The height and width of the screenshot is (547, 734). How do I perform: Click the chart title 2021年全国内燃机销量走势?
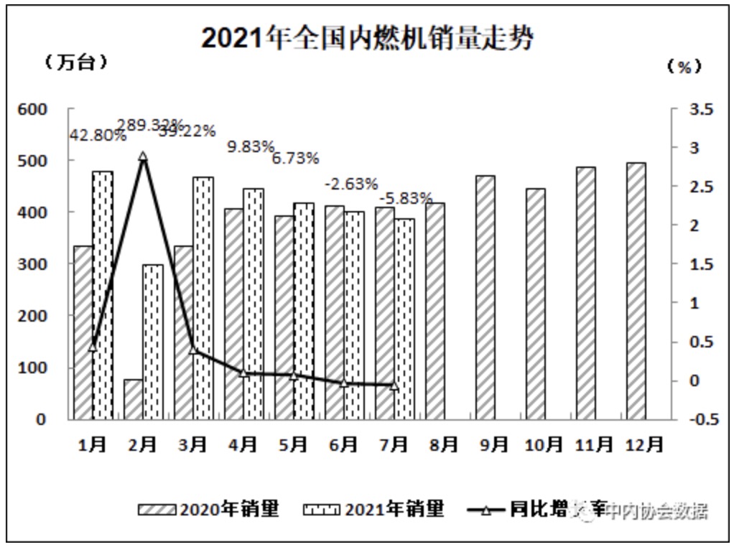point(367,38)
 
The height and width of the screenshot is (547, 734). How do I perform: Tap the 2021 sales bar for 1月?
point(103,295)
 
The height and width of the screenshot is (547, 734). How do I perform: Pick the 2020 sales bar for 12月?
point(636,291)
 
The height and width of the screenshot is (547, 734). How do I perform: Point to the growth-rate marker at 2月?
point(143,156)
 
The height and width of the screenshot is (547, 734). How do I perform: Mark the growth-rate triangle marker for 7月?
point(394,385)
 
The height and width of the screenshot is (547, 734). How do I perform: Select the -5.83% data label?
point(407,197)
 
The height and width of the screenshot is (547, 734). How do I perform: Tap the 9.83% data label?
point(251,146)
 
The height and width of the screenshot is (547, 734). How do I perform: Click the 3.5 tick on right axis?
point(701,109)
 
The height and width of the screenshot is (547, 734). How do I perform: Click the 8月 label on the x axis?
point(440,444)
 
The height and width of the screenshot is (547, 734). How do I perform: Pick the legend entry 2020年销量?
point(208,510)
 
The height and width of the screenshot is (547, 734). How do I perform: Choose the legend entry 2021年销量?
point(373,510)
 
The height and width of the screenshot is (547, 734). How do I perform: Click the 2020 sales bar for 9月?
point(485,297)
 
